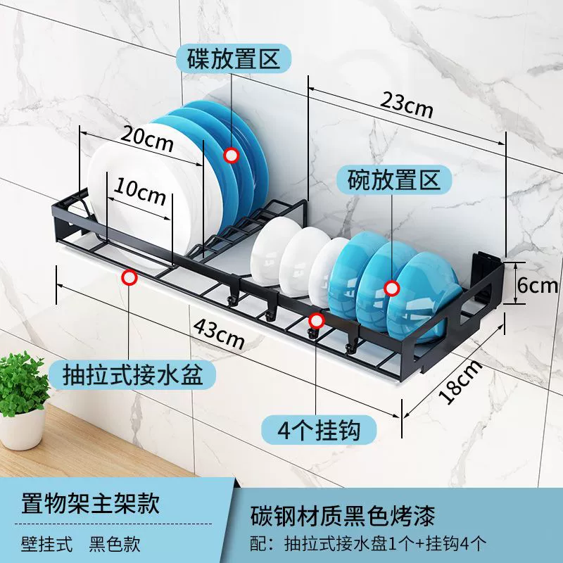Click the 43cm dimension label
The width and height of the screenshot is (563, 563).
219,334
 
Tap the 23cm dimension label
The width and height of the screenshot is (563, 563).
407,104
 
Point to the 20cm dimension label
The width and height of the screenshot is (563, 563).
147,138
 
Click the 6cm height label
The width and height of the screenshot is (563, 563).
538,285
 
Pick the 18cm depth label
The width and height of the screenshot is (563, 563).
460,381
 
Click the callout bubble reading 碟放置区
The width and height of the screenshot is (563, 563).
234,59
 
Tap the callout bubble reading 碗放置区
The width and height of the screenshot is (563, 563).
393,180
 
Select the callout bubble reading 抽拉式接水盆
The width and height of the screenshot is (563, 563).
132,375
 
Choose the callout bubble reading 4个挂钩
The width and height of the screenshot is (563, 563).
319,430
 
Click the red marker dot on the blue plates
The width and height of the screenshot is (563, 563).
232,156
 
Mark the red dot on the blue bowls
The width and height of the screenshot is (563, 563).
392,289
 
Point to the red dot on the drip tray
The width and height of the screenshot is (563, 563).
129,277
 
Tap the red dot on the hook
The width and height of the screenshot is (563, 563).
316,321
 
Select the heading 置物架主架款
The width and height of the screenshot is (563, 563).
91,503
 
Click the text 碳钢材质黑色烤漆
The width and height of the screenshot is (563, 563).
343,516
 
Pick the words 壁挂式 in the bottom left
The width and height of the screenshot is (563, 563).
46,544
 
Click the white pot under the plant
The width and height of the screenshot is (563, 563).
23,430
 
